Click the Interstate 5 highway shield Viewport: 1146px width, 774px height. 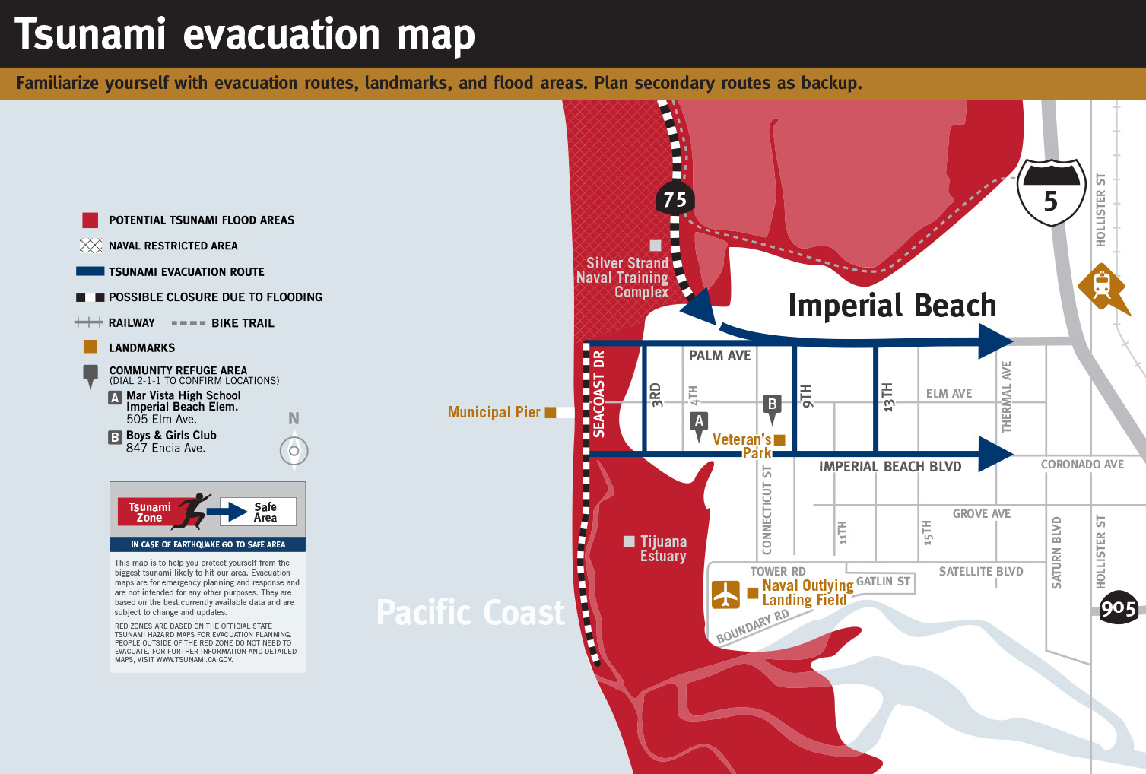click(x=1051, y=192)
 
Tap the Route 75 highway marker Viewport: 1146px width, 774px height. click(x=675, y=199)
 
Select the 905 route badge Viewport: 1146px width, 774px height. click(x=1118, y=608)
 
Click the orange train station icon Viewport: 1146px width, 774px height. click(x=1102, y=287)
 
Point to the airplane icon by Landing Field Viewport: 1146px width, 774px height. click(x=725, y=594)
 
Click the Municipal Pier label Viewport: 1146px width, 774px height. click(x=494, y=412)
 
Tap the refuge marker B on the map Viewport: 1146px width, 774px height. click(x=772, y=405)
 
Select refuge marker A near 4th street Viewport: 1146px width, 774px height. click(x=699, y=422)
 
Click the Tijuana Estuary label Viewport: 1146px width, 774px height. click(x=663, y=548)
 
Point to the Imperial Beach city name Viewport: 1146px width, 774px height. click(x=891, y=306)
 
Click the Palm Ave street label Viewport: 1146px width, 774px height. click(x=719, y=355)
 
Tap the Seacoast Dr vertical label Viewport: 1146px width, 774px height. click(x=599, y=394)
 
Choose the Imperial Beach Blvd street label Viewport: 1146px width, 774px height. click(x=890, y=466)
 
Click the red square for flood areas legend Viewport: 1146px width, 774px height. click(x=90, y=220)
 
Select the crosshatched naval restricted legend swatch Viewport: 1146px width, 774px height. click(x=90, y=246)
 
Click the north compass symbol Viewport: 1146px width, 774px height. click(x=294, y=450)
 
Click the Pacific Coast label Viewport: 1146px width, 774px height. click(x=471, y=612)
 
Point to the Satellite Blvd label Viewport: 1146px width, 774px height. click(x=980, y=572)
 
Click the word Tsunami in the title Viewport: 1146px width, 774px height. click(x=90, y=34)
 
